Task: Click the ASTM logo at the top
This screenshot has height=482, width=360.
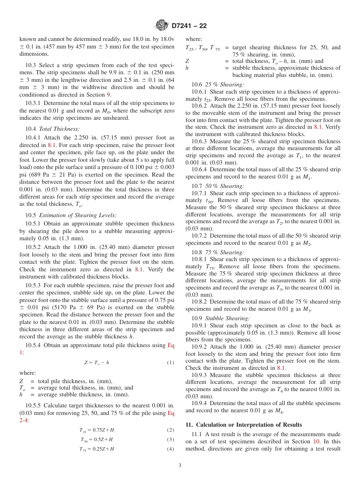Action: (162, 26)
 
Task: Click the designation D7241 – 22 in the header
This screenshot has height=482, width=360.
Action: (189, 26)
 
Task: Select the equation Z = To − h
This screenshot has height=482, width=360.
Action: (97, 363)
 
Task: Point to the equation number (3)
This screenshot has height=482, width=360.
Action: (171, 440)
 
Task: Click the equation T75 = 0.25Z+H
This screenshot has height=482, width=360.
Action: (97, 449)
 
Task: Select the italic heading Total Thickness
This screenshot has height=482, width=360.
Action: (59, 129)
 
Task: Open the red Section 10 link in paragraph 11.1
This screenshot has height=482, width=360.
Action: (316, 441)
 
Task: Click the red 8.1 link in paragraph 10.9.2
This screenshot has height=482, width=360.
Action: (281, 368)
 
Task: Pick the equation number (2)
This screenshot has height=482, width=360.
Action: (171, 430)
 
